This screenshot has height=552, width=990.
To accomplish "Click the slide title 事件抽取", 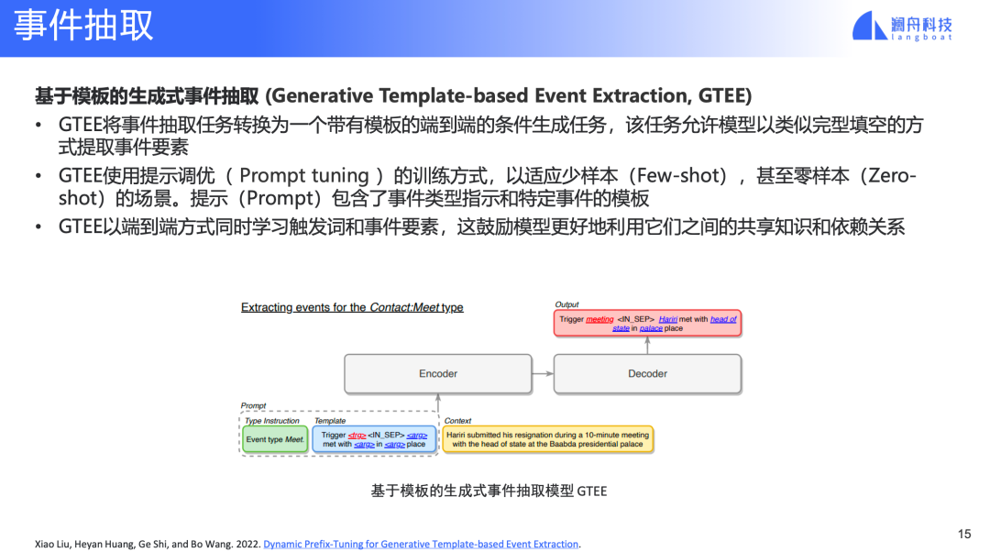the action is tap(83, 26).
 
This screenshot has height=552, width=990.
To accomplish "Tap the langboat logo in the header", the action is tap(902, 26).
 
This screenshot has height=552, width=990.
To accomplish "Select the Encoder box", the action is tap(438, 374).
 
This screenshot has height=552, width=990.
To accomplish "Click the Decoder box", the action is tap(647, 374).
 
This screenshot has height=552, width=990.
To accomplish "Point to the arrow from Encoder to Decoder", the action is tap(543, 374).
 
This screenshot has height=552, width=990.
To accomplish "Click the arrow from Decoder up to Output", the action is tap(647, 346).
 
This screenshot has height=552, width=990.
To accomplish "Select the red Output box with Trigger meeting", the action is tap(647, 324).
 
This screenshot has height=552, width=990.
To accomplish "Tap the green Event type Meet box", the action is tap(275, 439).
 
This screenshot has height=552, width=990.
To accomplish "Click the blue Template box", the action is tap(374, 439).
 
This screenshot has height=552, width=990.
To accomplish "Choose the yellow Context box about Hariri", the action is tap(548, 439).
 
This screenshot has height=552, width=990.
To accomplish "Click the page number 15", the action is tap(964, 534).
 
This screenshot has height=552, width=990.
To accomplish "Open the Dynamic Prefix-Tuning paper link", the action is tap(421, 544).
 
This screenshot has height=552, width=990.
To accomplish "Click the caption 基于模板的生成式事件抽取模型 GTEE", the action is tap(489, 491).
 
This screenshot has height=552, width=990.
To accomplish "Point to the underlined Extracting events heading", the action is tap(352, 307).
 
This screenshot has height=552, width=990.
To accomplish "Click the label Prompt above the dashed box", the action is tap(253, 405).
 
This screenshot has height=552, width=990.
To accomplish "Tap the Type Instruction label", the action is tap(272, 421).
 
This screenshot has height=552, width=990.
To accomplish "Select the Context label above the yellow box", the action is tap(457, 421).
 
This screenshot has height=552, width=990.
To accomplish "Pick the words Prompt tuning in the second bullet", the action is tap(304, 175).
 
